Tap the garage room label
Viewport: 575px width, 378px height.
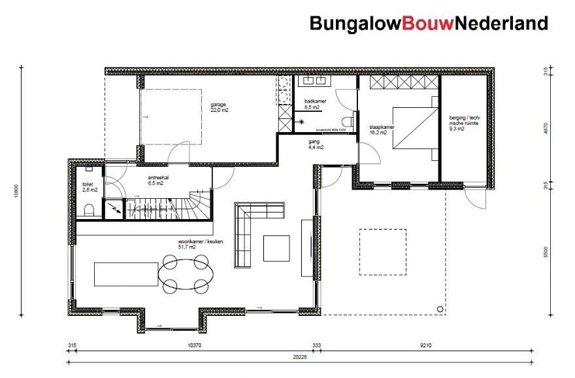[219, 107]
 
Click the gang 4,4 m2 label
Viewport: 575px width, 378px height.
[316, 144]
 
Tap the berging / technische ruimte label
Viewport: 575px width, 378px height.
[464, 123]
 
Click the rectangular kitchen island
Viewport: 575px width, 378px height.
[125, 273]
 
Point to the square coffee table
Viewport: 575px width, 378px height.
[276, 248]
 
